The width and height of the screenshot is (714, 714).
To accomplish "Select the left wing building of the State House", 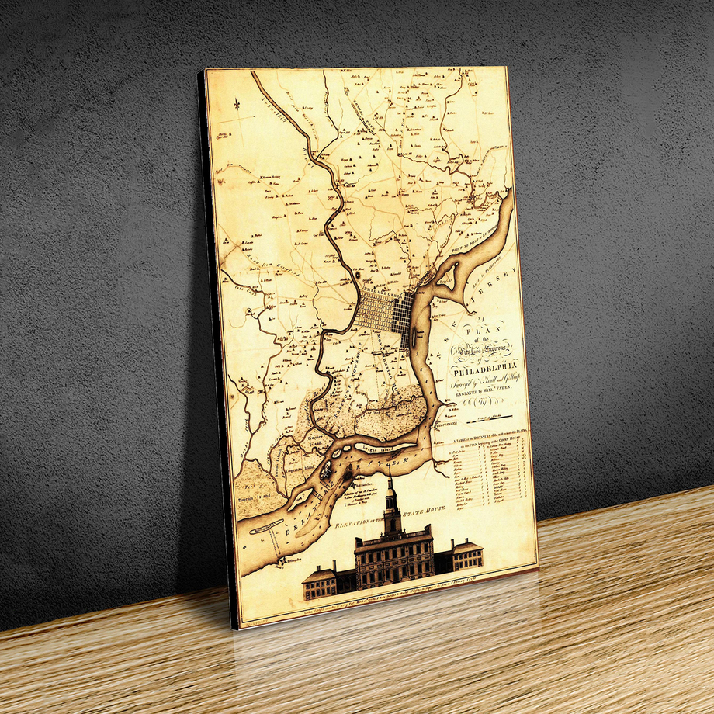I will (320, 582).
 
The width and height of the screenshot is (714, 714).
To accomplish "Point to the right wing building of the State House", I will (467, 554).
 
